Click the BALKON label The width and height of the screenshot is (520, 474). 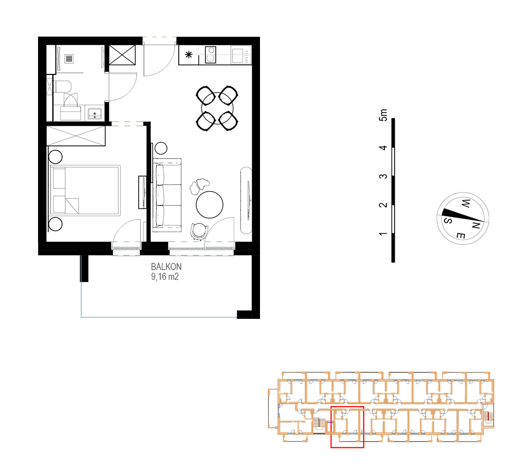pyautogui.click(x=166, y=267)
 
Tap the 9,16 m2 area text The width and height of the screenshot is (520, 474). pyautogui.click(x=165, y=276)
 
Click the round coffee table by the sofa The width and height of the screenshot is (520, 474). pyautogui.click(x=209, y=204)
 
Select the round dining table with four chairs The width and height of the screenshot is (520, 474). pyautogui.click(x=217, y=108)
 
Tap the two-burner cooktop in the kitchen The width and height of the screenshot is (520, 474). pyautogui.click(x=211, y=54)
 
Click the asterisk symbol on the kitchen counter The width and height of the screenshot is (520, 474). pyautogui.click(x=189, y=54)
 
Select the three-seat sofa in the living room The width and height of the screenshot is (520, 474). pyautogui.click(x=167, y=195)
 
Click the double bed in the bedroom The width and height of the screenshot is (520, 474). pyautogui.click(x=85, y=190)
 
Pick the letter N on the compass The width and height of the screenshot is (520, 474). pyautogui.click(x=476, y=225)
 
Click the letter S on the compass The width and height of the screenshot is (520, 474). pyautogui.click(x=448, y=220)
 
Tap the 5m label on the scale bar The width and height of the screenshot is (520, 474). pyautogui.click(x=383, y=115)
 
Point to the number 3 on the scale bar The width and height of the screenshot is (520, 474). pyautogui.click(x=383, y=176)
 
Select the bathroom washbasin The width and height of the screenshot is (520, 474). pyautogui.click(x=95, y=113)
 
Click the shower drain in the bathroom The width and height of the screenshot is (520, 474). pyautogui.click(x=69, y=59)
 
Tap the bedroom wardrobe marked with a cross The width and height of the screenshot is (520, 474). pyautogui.click(x=76, y=136)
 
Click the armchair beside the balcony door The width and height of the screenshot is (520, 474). pyautogui.click(x=200, y=231)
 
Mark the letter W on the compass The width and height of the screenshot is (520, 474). pyautogui.click(x=466, y=203)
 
